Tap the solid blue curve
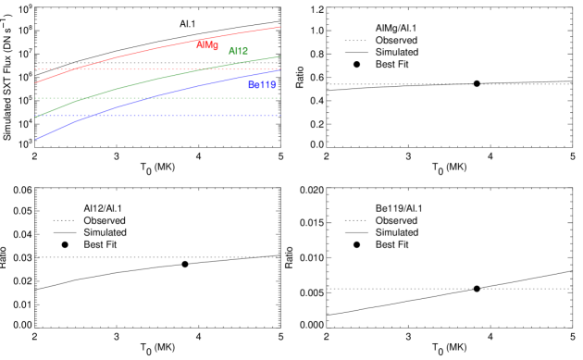[x=157, y=95]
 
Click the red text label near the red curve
[x=207, y=45]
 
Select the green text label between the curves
[x=238, y=51]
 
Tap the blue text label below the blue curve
[x=262, y=85]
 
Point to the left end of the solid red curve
[x=36, y=82]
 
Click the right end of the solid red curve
[x=279, y=27]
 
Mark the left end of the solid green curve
[x=36, y=118]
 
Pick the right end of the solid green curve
[x=279, y=56]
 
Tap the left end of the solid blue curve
[x=36, y=140]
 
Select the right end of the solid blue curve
[x=279, y=70]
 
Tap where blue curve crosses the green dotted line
[x=147, y=98]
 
